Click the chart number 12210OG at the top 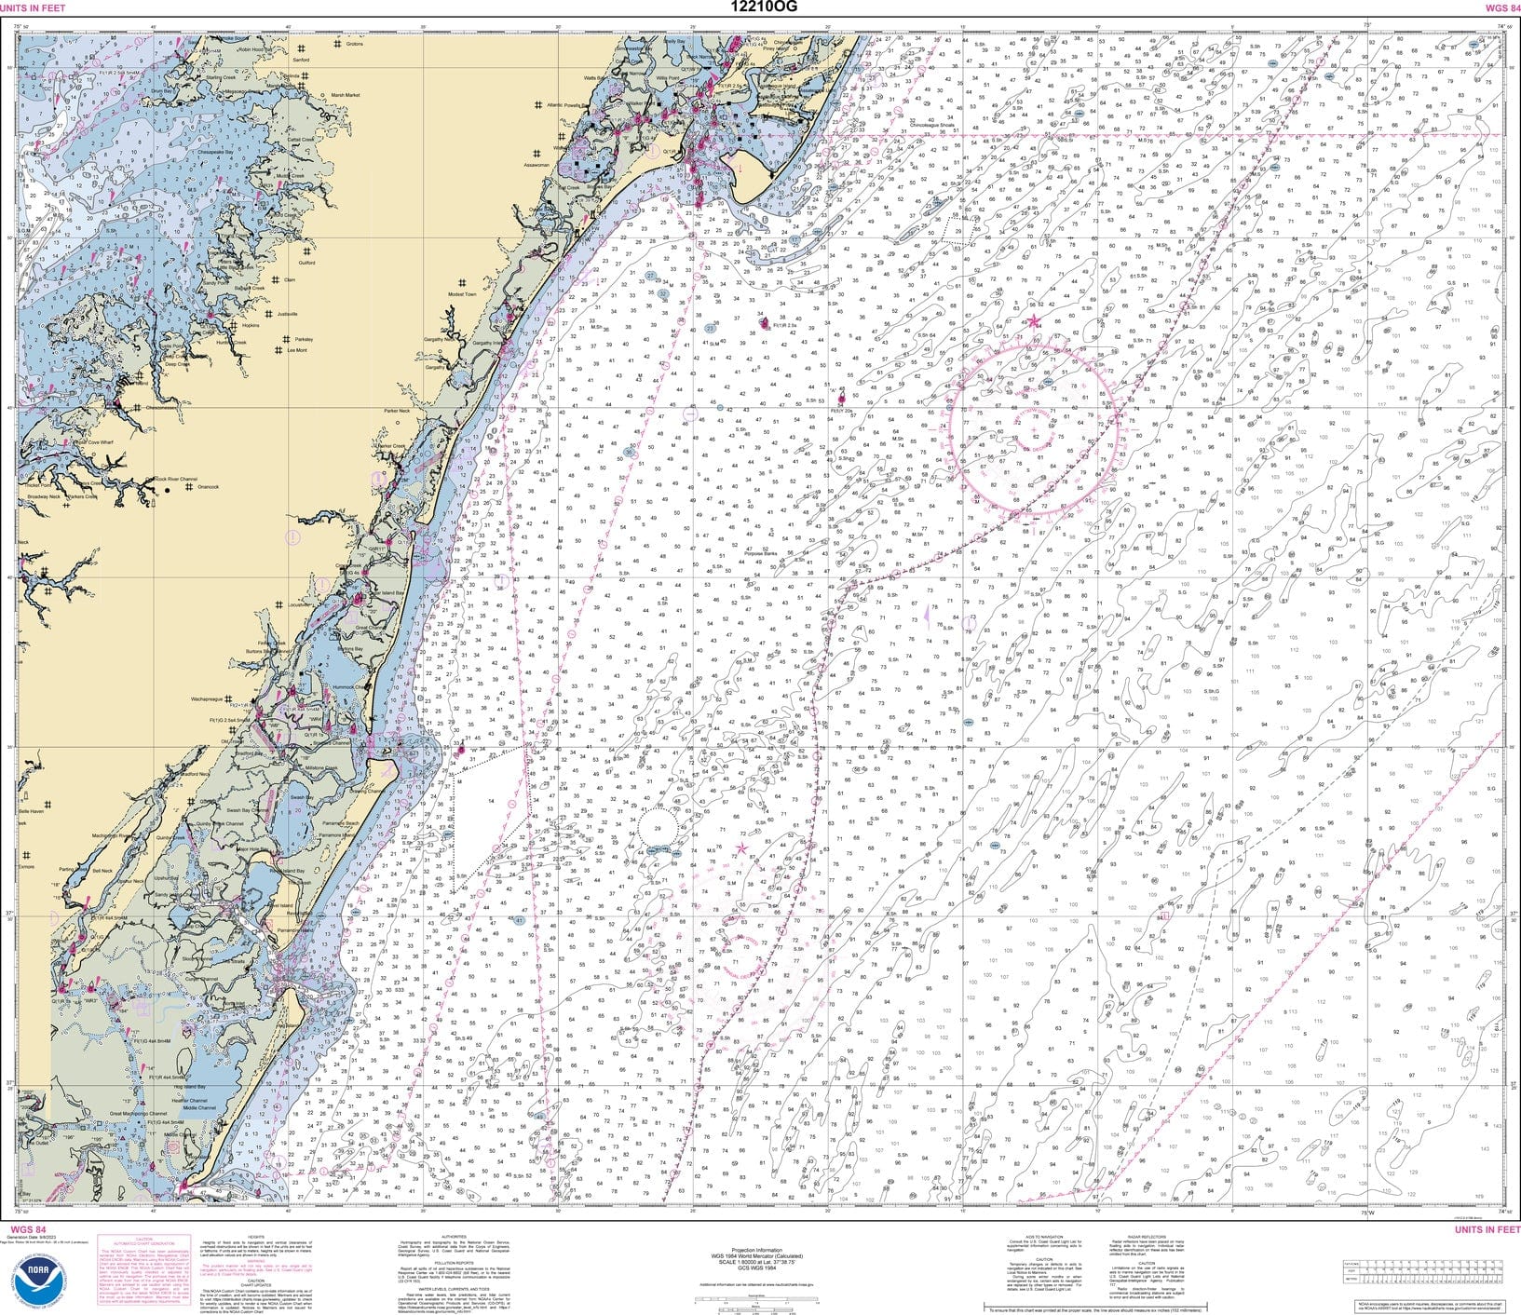point(760,7)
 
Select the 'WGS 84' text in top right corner point(1501,7)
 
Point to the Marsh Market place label point(346,95)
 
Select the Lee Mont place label point(297,350)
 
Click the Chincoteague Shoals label point(930,124)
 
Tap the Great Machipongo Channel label point(138,1114)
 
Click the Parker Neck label point(397,411)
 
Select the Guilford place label point(306,263)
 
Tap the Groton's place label point(354,44)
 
